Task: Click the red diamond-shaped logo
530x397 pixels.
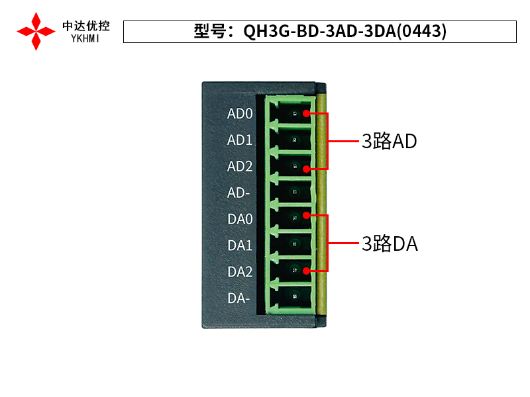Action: pos(36,30)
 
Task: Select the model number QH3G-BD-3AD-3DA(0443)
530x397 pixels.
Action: pos(344,31)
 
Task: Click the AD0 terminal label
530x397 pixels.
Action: pos(240,114)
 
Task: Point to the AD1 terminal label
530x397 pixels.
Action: pos(240,140)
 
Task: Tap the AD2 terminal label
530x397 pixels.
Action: pos(240,167)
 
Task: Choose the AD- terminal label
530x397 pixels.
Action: pos(238,193)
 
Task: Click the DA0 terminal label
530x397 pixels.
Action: pos(240,219)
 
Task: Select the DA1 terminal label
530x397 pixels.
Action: pos(240,245)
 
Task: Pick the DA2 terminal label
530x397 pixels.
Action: pos(240,272)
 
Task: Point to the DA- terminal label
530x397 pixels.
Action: pos(238,298)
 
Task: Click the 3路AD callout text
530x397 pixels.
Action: pos(389,141)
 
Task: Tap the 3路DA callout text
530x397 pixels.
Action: pos(390,244)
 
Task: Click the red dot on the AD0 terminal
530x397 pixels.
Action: pos(306,114)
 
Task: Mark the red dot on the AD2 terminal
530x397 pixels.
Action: pos(306,169)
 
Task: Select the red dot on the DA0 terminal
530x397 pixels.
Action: pos(306,215)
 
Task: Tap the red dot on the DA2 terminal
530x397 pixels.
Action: pos(306,270)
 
